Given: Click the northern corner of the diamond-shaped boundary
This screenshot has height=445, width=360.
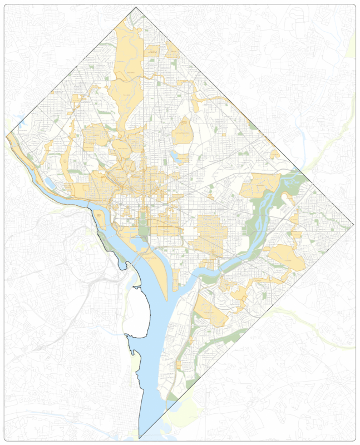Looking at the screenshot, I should tap(136, 7).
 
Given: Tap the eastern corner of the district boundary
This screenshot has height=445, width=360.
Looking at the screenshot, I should tap(354, 226).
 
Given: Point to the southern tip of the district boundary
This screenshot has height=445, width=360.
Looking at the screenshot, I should tap(139, 438).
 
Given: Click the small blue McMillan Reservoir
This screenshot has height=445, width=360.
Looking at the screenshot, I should tap(175, 157).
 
